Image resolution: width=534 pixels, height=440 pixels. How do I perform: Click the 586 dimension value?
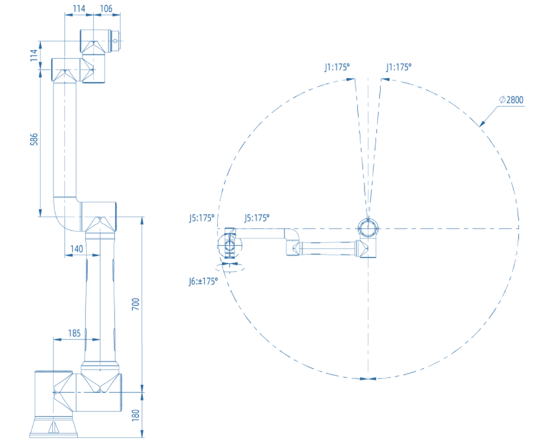[34, 139]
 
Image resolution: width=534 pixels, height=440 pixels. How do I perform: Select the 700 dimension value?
[136, 304]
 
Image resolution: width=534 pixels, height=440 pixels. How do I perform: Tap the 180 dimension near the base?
[136, 415]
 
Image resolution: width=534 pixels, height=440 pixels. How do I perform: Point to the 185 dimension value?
[74, 333]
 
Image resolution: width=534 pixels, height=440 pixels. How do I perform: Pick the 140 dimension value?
[76, 249]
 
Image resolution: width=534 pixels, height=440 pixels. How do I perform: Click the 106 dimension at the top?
[106, 8]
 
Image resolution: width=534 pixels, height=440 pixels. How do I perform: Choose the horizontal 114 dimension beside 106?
[79, 8]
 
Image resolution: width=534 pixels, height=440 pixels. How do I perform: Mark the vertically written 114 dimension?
[34, 55]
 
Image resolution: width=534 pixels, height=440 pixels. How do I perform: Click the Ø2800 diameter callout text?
[511, 100]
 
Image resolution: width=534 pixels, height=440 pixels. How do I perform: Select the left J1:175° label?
[337, 67]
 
